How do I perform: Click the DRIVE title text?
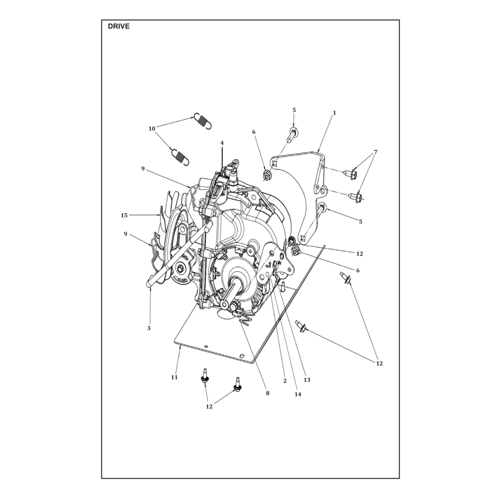(x=119, y=26)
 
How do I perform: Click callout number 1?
(x=334, y=113)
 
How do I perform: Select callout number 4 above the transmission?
(x=222, y=143)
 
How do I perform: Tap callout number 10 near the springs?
(x=152, y=129)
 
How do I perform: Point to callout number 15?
(x=124, y=215)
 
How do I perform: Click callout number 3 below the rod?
(x=149, y=327)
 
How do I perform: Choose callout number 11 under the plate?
(x=174, y=377)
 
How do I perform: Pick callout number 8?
(x=267, y=393)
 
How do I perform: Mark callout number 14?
(x=298, y=394)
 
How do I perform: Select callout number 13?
(x=307, y=380)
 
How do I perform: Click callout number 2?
(x=285, y=381)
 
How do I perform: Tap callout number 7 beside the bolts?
(x=376, y=152)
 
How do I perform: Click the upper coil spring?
(x=202, y=121)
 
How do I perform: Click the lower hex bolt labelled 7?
(x=356, y=196)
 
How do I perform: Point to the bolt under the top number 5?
(x=292, y=135)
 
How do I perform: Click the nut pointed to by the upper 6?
(x=267, y=175)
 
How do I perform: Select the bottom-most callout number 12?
(x=209, y=407)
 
